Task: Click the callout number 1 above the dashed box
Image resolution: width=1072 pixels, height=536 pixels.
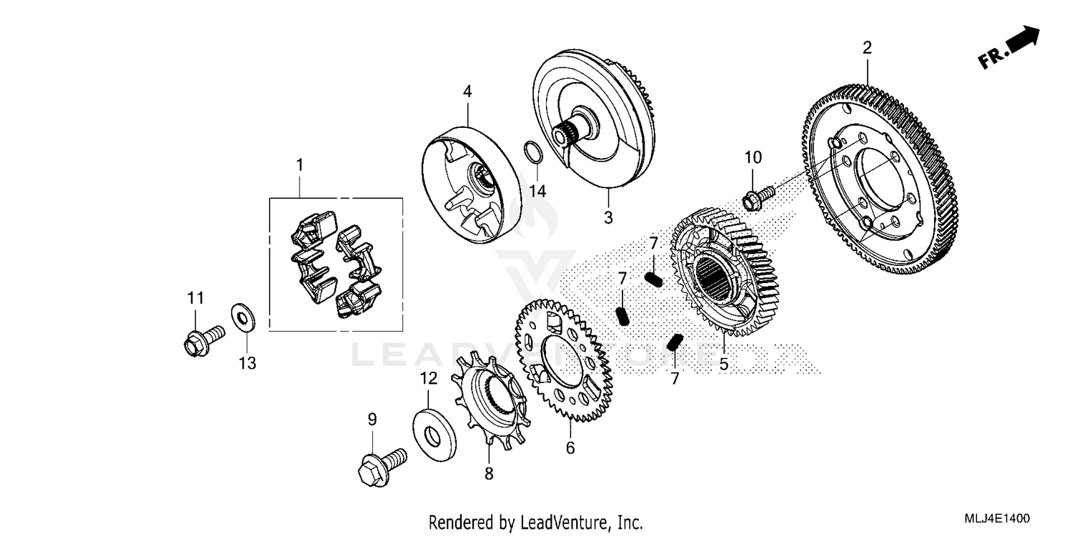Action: coord(300,165)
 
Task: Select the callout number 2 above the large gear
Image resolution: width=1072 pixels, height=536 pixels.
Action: coord(867,48)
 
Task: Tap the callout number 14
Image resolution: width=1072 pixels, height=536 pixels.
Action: coord(537,191)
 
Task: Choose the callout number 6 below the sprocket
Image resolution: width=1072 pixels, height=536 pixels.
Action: coord(570,448)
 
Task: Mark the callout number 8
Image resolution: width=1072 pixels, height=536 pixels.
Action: coord(489,474)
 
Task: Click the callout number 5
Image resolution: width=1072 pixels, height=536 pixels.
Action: coord(723,364)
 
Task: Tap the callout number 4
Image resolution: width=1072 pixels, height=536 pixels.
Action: coord(467,91)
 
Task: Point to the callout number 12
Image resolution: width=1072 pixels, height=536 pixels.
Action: coord(428,379)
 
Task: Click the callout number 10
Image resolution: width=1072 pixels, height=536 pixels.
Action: coord(753,157)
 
